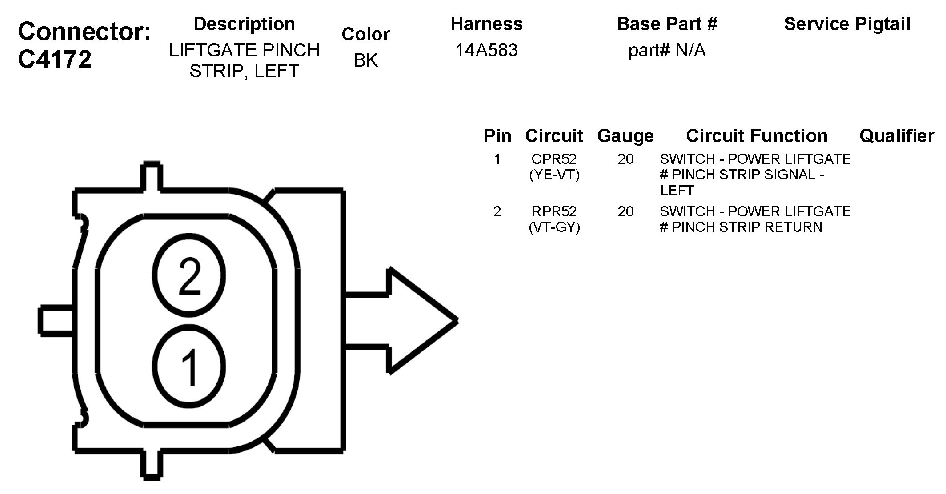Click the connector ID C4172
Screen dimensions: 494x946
point(55,59)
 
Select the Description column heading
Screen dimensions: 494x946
point(244,24)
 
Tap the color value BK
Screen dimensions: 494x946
point(365,60)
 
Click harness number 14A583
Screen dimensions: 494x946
point(486,50)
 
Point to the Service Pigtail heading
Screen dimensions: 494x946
point(847,24)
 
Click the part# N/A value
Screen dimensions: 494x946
point(667,50)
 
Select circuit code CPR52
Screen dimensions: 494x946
point(554,159)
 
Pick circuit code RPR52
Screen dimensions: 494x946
point(554,211)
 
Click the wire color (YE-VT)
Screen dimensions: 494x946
point(554,175)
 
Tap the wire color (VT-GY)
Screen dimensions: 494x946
point(554,227)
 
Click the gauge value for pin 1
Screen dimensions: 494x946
point(625,159)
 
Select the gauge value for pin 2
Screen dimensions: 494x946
point(625,211)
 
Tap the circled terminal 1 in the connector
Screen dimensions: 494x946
point(189,367)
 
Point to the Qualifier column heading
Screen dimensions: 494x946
point(896,136)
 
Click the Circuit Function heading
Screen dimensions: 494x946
point(757,136)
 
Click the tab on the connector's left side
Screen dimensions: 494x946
point(56,320)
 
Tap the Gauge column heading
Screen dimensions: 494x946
point(625,136)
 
